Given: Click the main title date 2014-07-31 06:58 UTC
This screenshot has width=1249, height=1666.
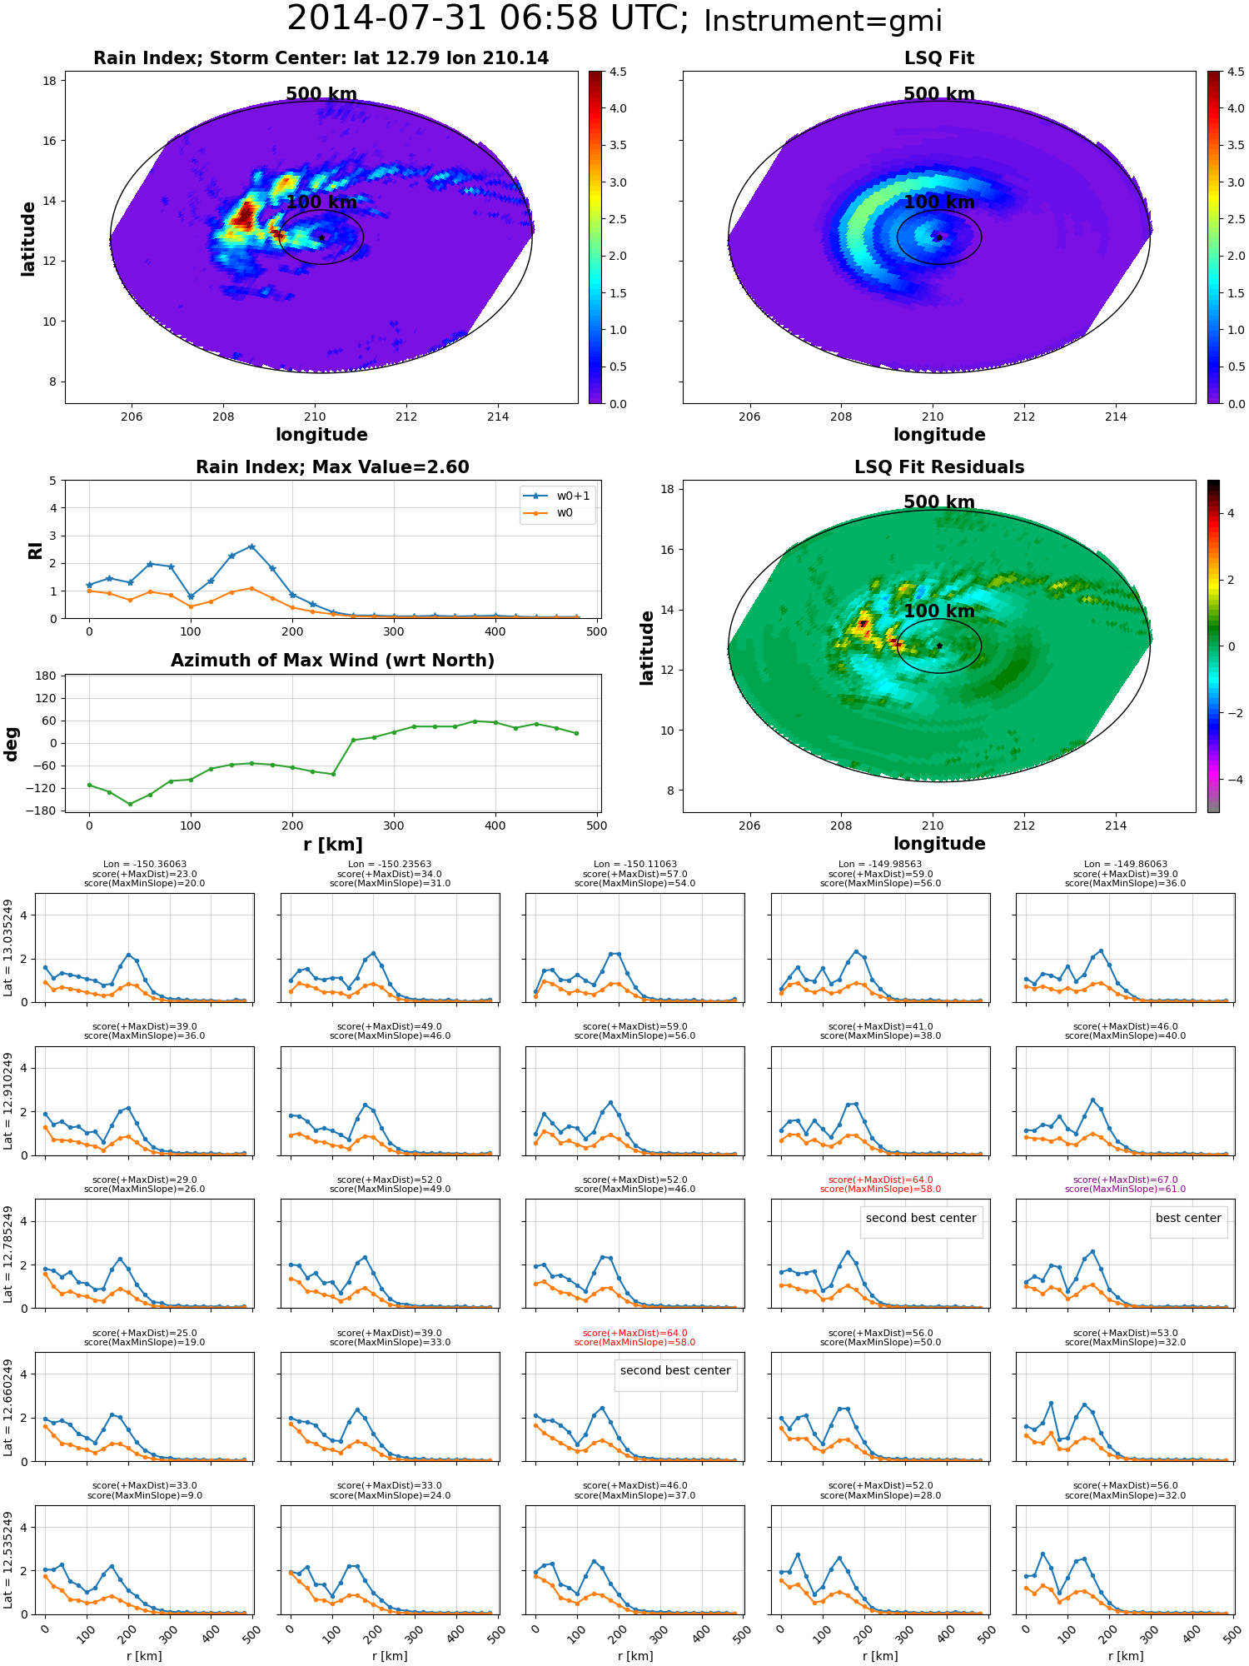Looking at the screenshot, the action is [x=487, y=19].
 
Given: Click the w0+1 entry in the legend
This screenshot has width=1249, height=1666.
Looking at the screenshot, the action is [x=557, y=496].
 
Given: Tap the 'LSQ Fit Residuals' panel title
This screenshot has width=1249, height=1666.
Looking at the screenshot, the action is [x=939, y=467].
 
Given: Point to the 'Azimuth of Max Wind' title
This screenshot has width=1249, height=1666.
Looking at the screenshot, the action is [x=332, y=661].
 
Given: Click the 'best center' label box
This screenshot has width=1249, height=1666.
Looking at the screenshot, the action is [x=1188, y=1218].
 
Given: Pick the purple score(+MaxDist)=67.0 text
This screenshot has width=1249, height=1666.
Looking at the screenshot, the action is [x=1125, y=1180].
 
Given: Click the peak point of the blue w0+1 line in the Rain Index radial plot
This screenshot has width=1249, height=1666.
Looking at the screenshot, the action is [x=251, y=546].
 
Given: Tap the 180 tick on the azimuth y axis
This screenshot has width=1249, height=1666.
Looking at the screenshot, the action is [x=46, y=676].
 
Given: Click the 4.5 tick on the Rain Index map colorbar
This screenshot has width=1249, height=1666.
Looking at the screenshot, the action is [x=618, y=72].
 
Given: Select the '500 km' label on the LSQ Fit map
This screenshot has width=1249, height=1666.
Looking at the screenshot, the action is [x=939, y=94].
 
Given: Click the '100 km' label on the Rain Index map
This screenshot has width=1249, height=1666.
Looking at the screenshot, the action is [x=321, y=202].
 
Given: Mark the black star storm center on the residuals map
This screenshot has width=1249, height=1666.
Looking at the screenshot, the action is [x=939, y=646].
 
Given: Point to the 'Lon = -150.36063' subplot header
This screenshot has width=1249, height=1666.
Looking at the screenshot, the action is [x=144, y=865].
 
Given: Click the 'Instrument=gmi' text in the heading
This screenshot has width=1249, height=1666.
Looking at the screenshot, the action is [x=823, y=22].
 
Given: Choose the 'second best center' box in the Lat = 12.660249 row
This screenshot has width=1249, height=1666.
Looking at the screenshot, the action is [x=675, y=1370].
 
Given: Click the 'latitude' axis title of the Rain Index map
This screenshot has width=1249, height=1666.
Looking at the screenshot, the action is [x=28, y=238].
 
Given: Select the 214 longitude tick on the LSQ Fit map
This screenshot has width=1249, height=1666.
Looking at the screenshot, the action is [x=1116, y=416].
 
